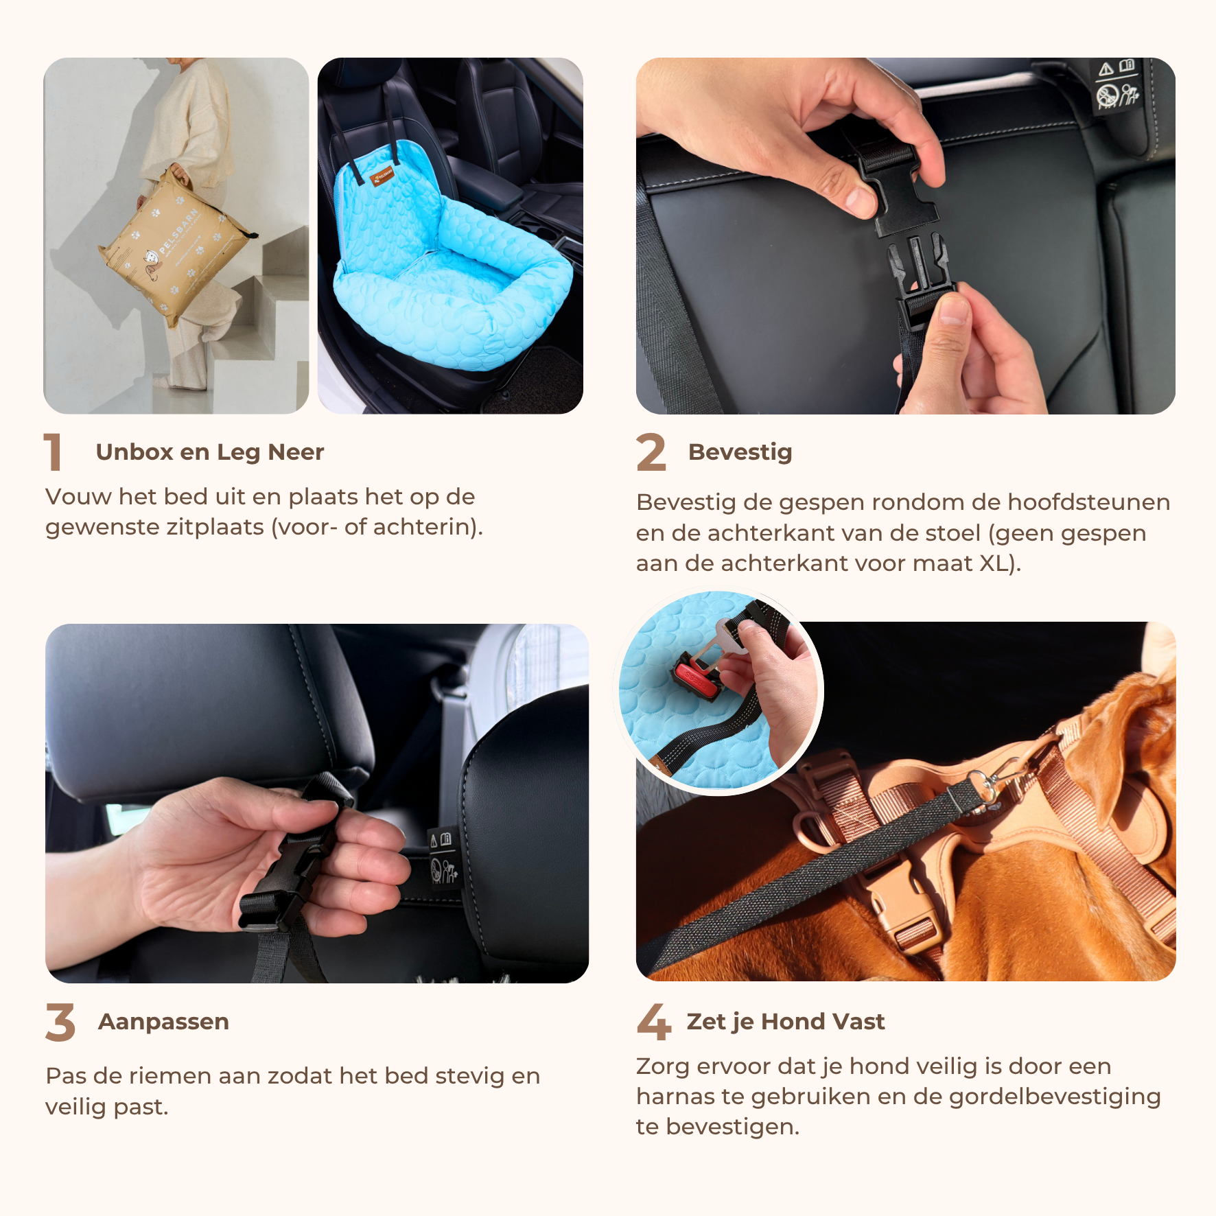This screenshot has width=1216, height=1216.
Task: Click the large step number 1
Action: pyautogui.click(x=53, y=452)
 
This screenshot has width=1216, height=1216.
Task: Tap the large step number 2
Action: pyautogui.click(x=651, y=452)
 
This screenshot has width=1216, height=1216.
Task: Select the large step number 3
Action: pyautogui.click(x=60, y=1022)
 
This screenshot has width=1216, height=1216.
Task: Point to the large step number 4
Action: pyautogui.click(x=653, y=1022)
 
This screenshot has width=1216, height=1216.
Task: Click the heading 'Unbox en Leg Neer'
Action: pyautogui.click(x=210, y=452)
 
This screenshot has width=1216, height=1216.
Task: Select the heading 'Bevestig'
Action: pyautogui.click(x=740, y=452)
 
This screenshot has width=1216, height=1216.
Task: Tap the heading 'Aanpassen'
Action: pyautogui.click(x=164, y=1022)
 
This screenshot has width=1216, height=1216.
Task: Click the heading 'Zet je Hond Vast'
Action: pyautogui.click(x=786, y=1022)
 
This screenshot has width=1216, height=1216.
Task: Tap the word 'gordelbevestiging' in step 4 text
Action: pyautogui.click(x=1055, y=1097)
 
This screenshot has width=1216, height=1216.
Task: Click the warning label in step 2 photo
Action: pyautogui.click(x=1116, y=85)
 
